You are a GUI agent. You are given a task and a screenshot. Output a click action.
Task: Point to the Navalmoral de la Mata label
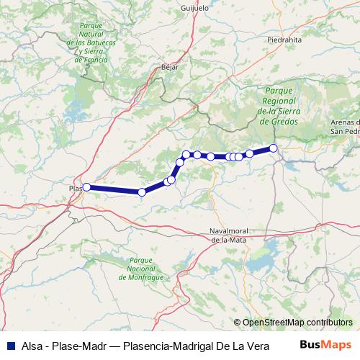229,234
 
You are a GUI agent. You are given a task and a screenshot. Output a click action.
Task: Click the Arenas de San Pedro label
344,127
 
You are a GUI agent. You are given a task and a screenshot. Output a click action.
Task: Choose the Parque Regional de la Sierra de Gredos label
278,107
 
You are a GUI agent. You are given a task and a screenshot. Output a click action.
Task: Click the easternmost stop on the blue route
274,148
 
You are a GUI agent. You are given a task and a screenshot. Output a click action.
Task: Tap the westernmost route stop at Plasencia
86,187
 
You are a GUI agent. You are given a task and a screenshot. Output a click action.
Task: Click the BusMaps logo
325,345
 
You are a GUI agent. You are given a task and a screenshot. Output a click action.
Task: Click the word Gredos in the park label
278,122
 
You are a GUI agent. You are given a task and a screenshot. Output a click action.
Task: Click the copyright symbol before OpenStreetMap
238,322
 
